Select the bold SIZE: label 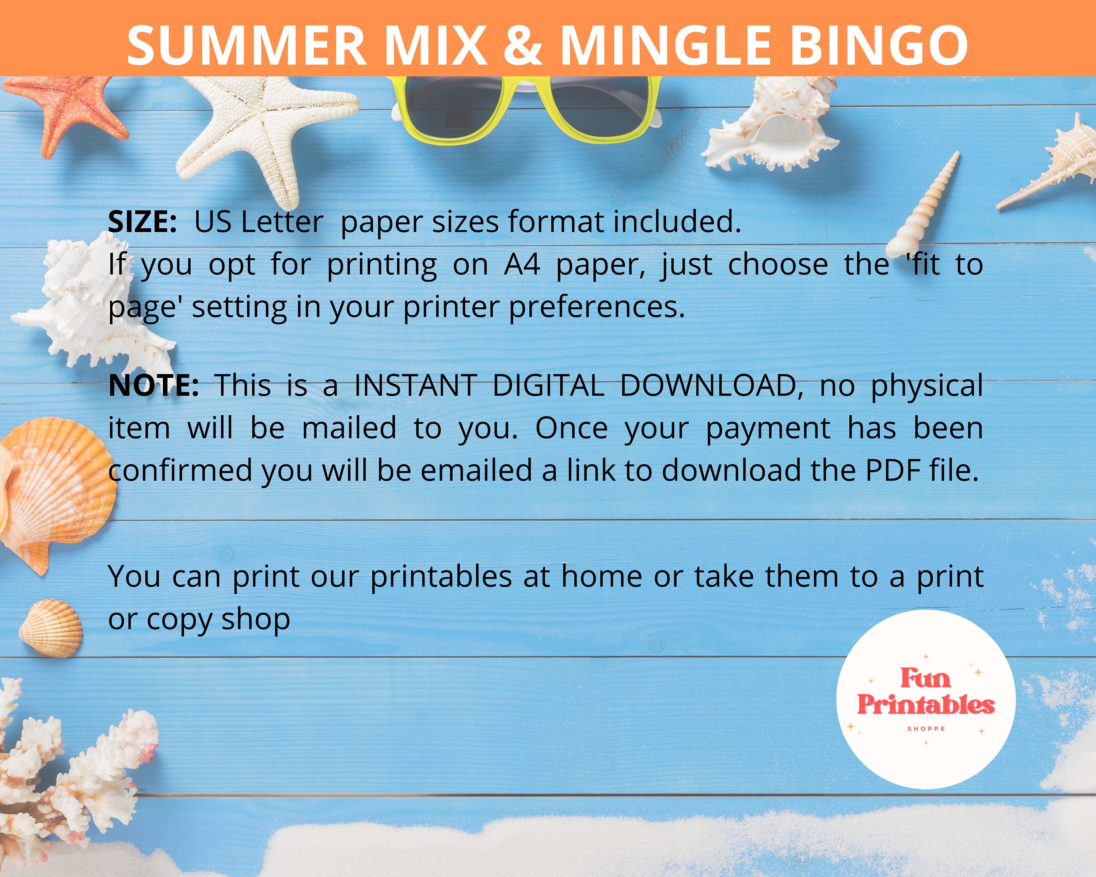(142, 222)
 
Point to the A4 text (522, 264)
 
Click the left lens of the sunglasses (447, 109)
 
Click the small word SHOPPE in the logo (926, 729)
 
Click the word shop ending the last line (256, 619)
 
